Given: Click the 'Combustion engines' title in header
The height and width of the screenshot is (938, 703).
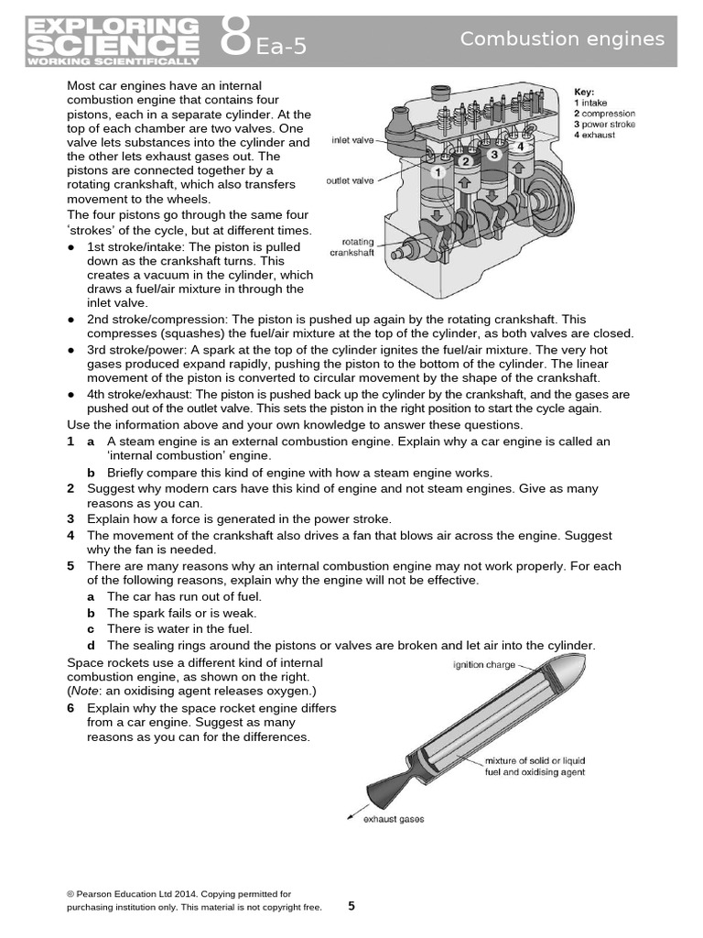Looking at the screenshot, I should (562, 38).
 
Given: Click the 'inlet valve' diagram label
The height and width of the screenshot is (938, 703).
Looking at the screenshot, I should (351, 141).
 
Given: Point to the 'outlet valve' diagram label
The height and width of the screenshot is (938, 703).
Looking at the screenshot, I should (350, 181).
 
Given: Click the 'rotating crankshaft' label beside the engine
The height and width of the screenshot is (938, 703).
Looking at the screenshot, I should (352, 247).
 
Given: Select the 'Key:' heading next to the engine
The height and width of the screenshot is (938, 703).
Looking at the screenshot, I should (584, 92).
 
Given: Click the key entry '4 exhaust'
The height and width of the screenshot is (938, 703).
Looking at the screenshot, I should (594, 135).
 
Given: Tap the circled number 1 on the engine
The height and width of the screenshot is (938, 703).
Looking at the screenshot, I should (438, 172).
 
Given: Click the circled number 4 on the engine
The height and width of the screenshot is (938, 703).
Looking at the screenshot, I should (521, 146).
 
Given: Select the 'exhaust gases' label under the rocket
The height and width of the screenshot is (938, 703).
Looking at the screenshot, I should (394, 819).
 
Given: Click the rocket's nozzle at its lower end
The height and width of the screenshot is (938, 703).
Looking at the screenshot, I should (384, 789).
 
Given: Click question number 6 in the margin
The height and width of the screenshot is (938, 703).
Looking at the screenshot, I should (70, 708).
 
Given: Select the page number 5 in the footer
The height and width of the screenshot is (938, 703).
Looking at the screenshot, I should (351, 906).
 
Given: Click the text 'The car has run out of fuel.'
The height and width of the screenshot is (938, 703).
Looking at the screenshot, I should (178, 597).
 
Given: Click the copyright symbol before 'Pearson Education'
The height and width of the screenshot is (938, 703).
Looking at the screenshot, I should (70, 893).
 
